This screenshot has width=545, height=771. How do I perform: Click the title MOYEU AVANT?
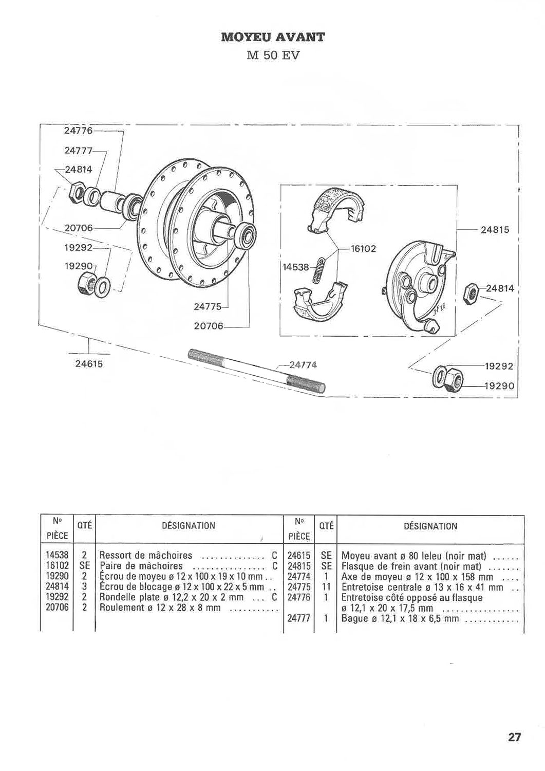tap(272, 37)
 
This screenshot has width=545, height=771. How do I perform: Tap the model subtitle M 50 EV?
tap(273, 56)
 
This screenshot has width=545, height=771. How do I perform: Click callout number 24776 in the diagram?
tap(79, 131)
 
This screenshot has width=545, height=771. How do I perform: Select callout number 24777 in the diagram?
tap(78, 151)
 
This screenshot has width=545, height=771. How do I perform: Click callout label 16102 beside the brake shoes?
tap(363, 248)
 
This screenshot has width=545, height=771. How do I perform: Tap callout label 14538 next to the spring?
tap(296, 267)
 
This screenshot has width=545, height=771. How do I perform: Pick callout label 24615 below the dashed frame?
tap(89, 364)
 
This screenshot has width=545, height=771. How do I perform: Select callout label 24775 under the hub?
tap(208, 307)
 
